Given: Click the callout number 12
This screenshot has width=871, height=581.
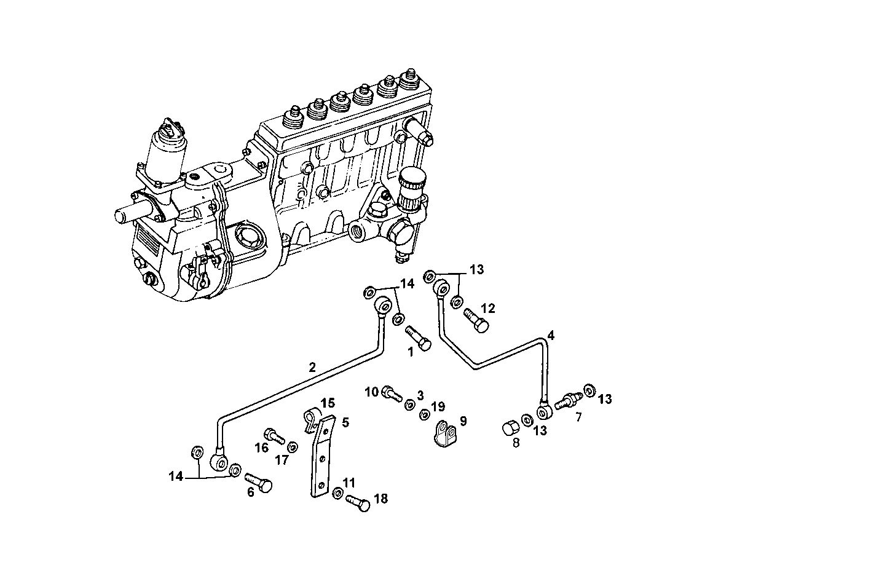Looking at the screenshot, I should point(487,308).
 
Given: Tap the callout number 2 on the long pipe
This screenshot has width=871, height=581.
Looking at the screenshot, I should point(312,368).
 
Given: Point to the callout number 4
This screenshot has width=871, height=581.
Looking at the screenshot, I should point(551,336).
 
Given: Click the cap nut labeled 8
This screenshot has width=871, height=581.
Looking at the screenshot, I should point(511,427).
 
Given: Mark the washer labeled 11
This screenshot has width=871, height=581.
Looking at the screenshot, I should point(338,493).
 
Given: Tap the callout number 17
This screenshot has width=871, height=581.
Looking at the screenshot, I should point(282,460).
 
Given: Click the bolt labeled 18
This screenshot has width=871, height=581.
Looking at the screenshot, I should point(358,502).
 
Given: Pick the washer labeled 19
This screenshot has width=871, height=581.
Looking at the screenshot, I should point(424,416).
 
